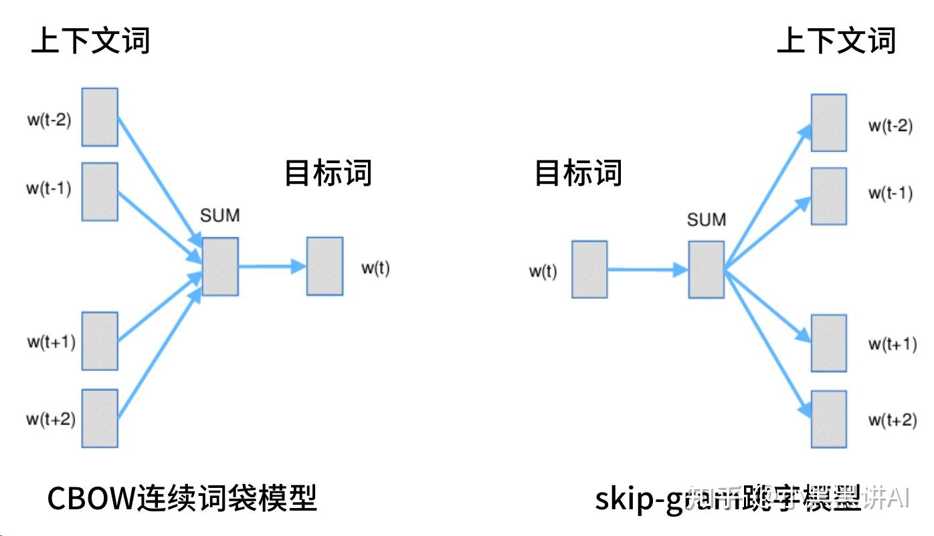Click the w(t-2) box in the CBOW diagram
100,117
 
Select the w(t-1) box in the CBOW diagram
100,191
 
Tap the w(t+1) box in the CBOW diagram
100,341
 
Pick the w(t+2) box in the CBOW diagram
100,418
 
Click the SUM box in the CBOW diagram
220,266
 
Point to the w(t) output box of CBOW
324,266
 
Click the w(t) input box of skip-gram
589,269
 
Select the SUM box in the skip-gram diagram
706,269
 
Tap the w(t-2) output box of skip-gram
828,123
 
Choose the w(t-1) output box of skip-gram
828,196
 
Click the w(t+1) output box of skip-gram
828,343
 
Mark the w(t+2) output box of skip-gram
828,419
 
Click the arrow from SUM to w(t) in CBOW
272,266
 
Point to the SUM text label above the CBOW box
219,216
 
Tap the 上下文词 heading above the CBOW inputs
90,41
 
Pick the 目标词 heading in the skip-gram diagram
578,173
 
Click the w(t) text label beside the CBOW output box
375,268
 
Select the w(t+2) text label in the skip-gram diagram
891,420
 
